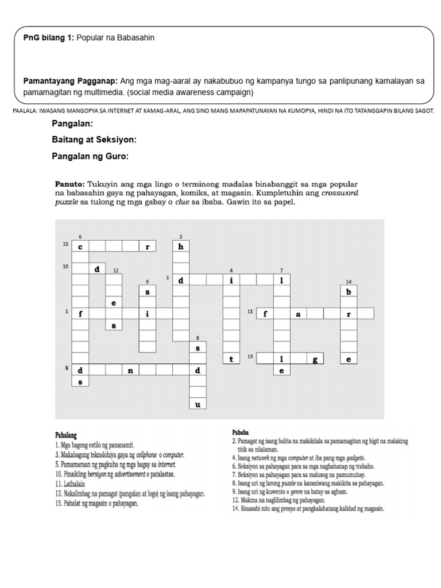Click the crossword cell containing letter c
[81, 246]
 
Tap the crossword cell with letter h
[181, 246]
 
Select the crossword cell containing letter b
[348, 291]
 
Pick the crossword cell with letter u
[198, 404]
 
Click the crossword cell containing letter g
[315, 359]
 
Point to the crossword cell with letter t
[231, 359]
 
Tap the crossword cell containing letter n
[131, 370]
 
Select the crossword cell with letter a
[298, 314]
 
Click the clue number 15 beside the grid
[66, 245]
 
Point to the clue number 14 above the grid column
[348, 281]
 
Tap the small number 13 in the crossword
[250, 357]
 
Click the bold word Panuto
[70, 183]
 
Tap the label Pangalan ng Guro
[90, 156]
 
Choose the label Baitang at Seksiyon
[94, 140]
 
